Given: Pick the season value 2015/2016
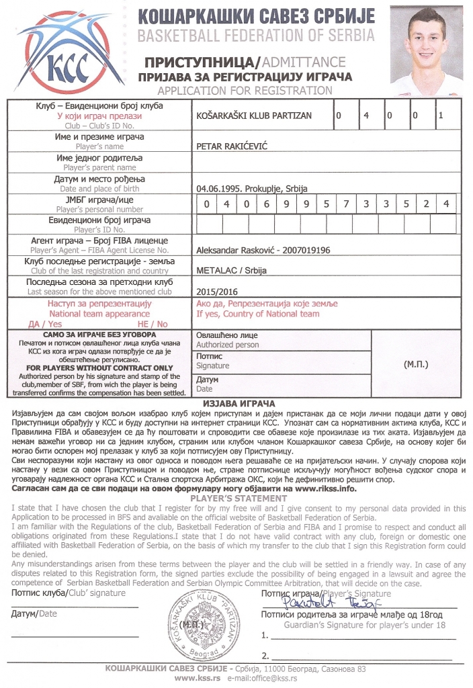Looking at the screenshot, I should click(214, 293).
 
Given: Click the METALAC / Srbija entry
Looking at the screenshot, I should click(222, 270).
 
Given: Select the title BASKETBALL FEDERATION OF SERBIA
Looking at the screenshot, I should click(253, 36).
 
